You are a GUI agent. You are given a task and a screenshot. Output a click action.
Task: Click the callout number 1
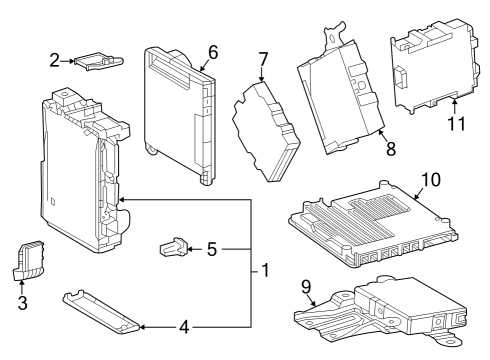266,271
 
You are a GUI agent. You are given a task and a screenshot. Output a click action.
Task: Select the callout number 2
56,61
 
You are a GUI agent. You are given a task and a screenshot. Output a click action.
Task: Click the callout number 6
212,51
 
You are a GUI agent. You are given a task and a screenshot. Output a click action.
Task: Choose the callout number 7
263,59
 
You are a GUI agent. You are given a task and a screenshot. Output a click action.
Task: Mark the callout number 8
389,149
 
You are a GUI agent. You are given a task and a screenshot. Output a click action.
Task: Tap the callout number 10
430,180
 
